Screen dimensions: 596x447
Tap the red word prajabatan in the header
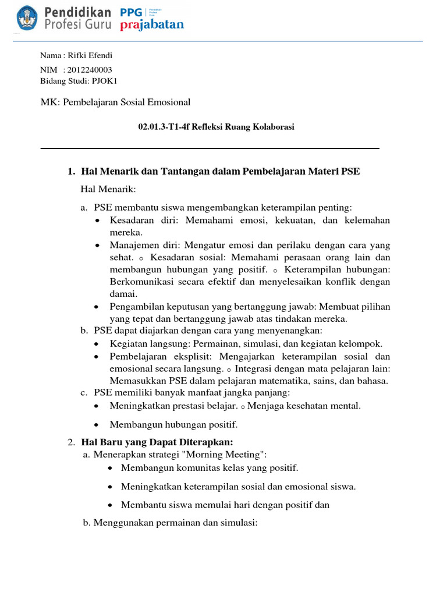(x=152, y=25)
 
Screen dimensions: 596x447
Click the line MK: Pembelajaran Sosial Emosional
(x=115, y=102)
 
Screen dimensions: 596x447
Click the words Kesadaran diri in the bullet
(x=137, y=221)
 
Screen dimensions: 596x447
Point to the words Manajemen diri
(x=140, y=245)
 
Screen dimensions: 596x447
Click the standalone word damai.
(x=122, y=294)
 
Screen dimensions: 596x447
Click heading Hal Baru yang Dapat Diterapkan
(x=158, y=443)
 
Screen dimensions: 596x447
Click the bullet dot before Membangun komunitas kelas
(x=111, y=468)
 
